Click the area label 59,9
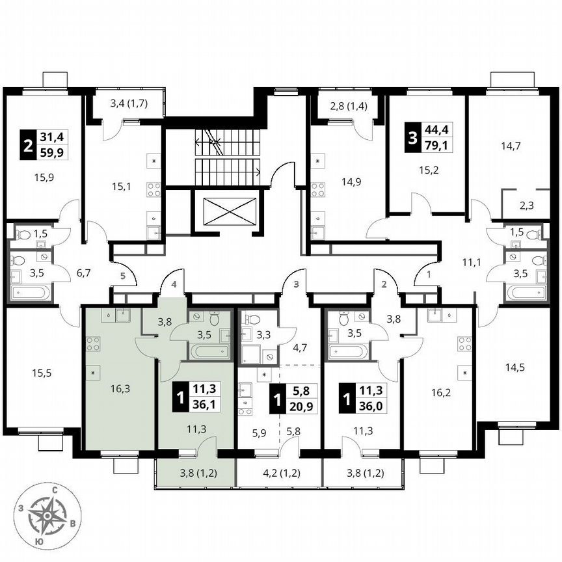55,153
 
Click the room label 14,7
511,149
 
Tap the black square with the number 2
27,145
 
